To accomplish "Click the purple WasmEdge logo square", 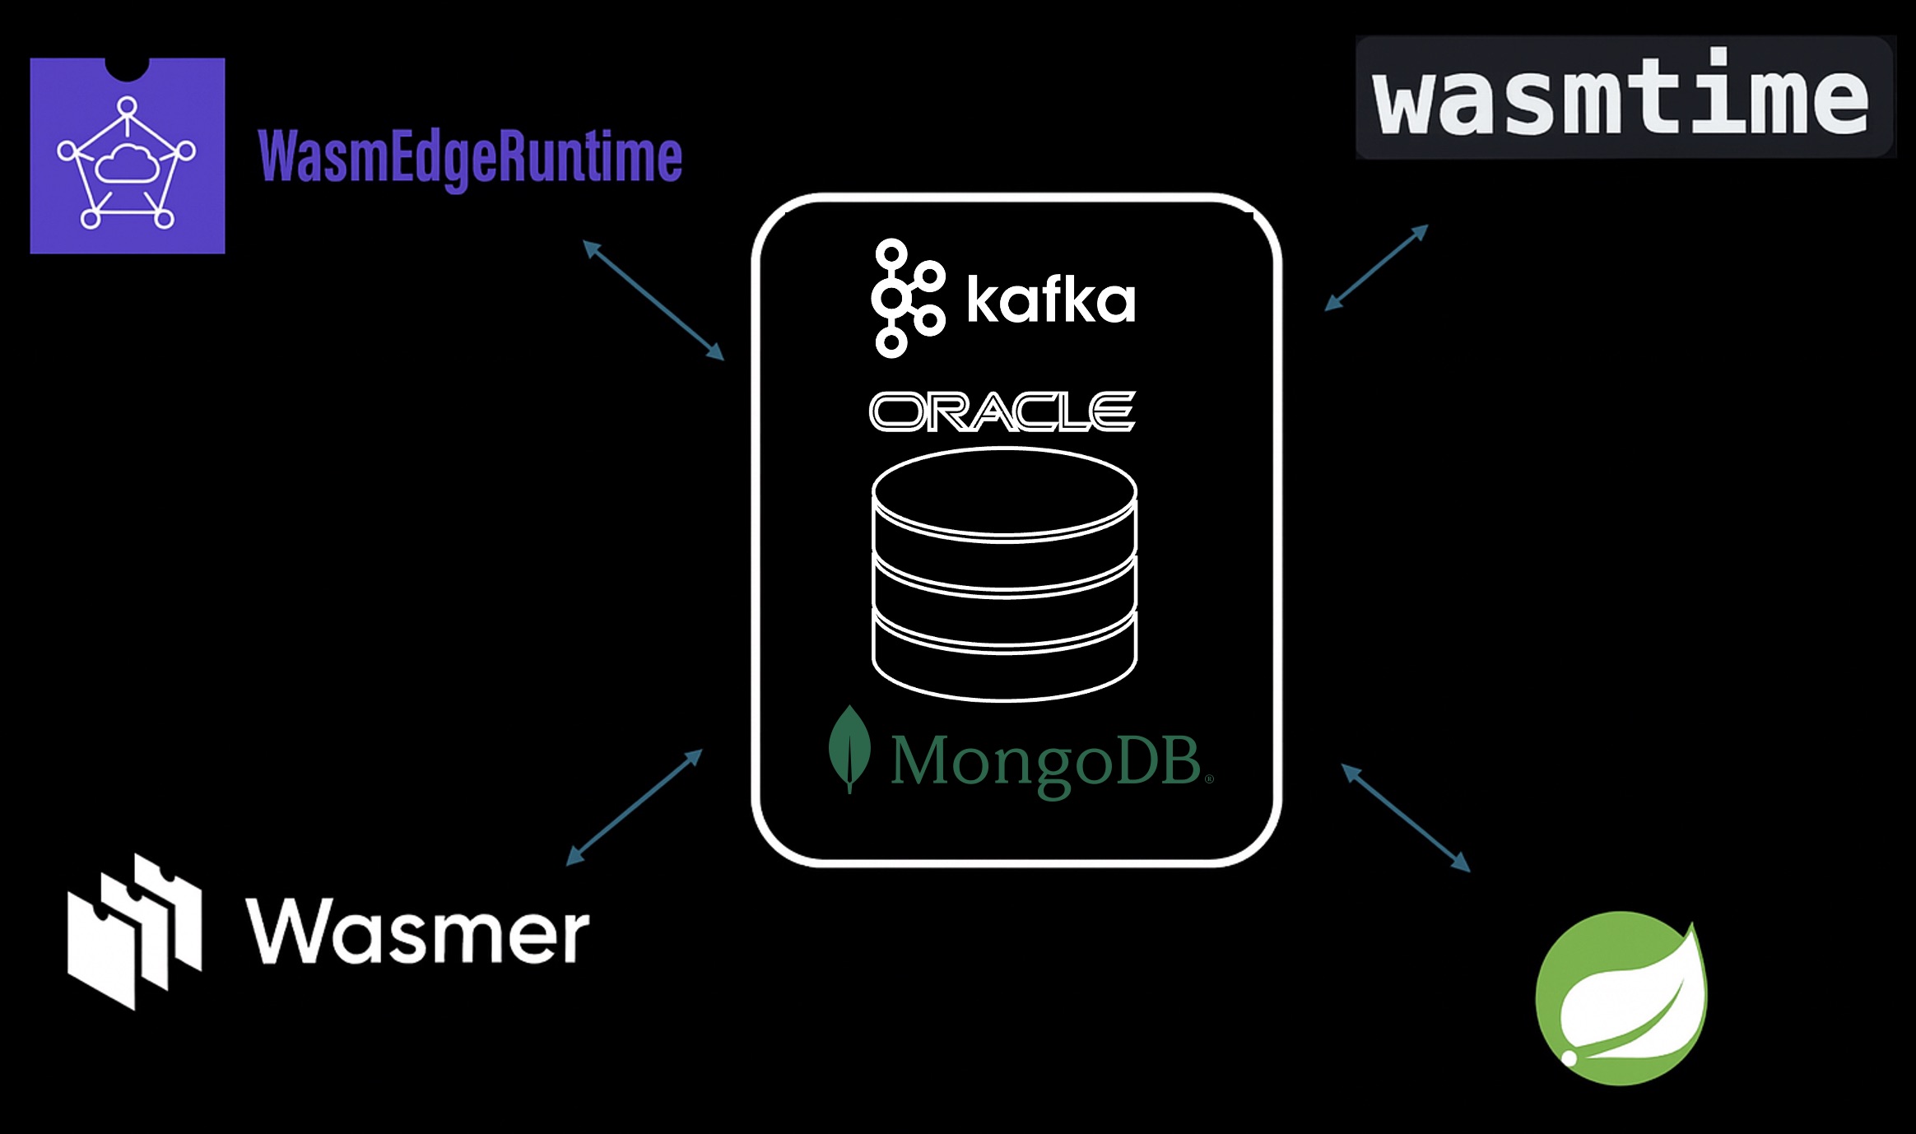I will point(128,156).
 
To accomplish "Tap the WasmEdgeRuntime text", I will point(470,156).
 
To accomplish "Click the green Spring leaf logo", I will point(1621,997).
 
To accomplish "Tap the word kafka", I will point(1051,300).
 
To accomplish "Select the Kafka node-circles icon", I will point(906,299).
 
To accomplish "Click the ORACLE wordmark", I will point(1002,411).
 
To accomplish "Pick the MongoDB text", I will point(1045,762).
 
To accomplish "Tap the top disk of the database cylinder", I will point(1004,492).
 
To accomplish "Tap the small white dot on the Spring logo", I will point(1569,1058).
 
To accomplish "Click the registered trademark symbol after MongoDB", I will point(1209,778).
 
